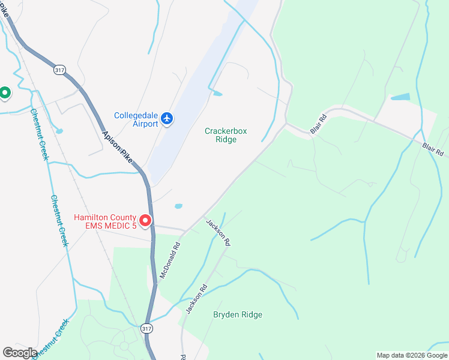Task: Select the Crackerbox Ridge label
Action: tap(226, 135)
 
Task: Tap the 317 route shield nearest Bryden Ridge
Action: tap(146, 328)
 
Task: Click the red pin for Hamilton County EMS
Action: tap(145, 221)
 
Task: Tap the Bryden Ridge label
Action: tap(238, 314)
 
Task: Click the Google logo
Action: tap(20, 352)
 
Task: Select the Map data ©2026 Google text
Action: tap(411, 355)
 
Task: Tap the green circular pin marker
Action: tap(5, 92)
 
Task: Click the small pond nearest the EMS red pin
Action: tap(178, 206)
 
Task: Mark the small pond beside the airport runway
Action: tap(217, 94)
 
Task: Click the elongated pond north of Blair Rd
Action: tap(400, 97)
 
